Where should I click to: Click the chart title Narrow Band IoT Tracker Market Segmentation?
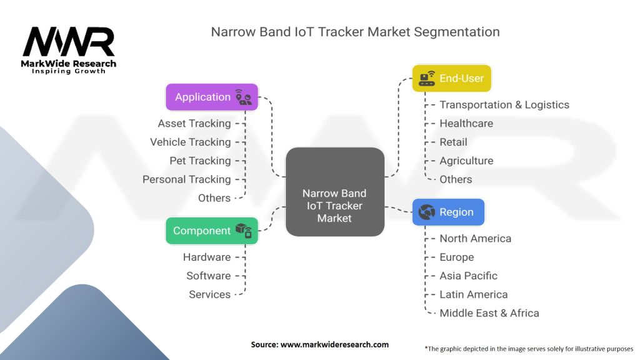(x=355, y=32)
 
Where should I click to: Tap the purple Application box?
(x=211, y=97)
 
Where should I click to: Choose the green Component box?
(x=211, y=231)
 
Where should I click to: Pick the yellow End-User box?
(x=452, y=78)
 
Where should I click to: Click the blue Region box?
(x=448, y=212)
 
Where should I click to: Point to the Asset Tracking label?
(x=194, y=124)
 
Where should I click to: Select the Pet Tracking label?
(x=200, y=161)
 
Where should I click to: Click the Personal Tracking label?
(x=186, y=179)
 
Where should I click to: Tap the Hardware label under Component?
(x=206, y=257)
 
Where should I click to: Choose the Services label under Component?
(x=209, y=294)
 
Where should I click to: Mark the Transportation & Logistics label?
(x=504, y=105)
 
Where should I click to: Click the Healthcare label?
(x=466, y=124)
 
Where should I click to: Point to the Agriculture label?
(x=466, y=161)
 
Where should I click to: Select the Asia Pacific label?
(x=468, y=276)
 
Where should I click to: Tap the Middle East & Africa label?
(x=489, y=313)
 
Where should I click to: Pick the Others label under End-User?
(x=456, y=179)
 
